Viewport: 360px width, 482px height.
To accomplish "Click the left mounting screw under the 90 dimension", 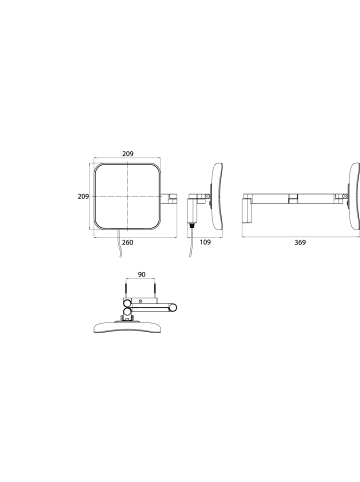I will coord(126,297).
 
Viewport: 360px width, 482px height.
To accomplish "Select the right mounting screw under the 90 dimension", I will coord(157,297).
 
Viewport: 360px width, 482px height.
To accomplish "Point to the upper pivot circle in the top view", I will coord(127,306).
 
